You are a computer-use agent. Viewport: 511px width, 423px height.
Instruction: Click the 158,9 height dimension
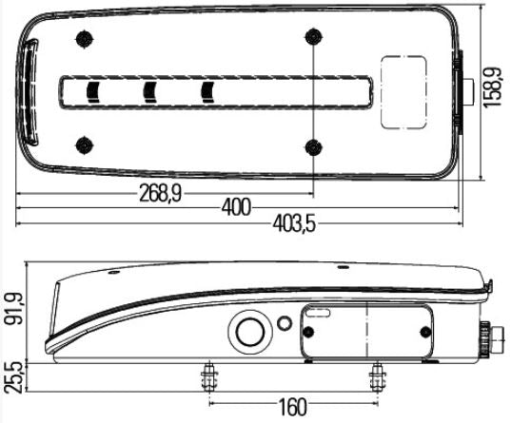click(x=492, y=87)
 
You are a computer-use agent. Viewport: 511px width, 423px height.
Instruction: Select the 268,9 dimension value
click(x=161, y=193)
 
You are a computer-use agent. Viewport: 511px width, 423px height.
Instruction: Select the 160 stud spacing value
click(x=293, y=408)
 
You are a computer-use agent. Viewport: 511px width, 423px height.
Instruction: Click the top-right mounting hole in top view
click(x=313, y=37)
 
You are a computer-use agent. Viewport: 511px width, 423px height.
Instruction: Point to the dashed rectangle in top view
click(x=403, y=91)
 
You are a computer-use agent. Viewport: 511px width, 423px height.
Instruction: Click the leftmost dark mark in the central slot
click(x=93, y=91)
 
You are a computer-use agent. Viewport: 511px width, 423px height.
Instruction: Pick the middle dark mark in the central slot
click(x=149, y=91)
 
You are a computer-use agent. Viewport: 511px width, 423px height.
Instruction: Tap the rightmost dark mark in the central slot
click(x=208, y=91)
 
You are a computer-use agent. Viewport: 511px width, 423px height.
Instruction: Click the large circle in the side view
click(x=250, y=332)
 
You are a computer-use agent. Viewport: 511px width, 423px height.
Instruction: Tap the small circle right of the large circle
click(x=283, y=321)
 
